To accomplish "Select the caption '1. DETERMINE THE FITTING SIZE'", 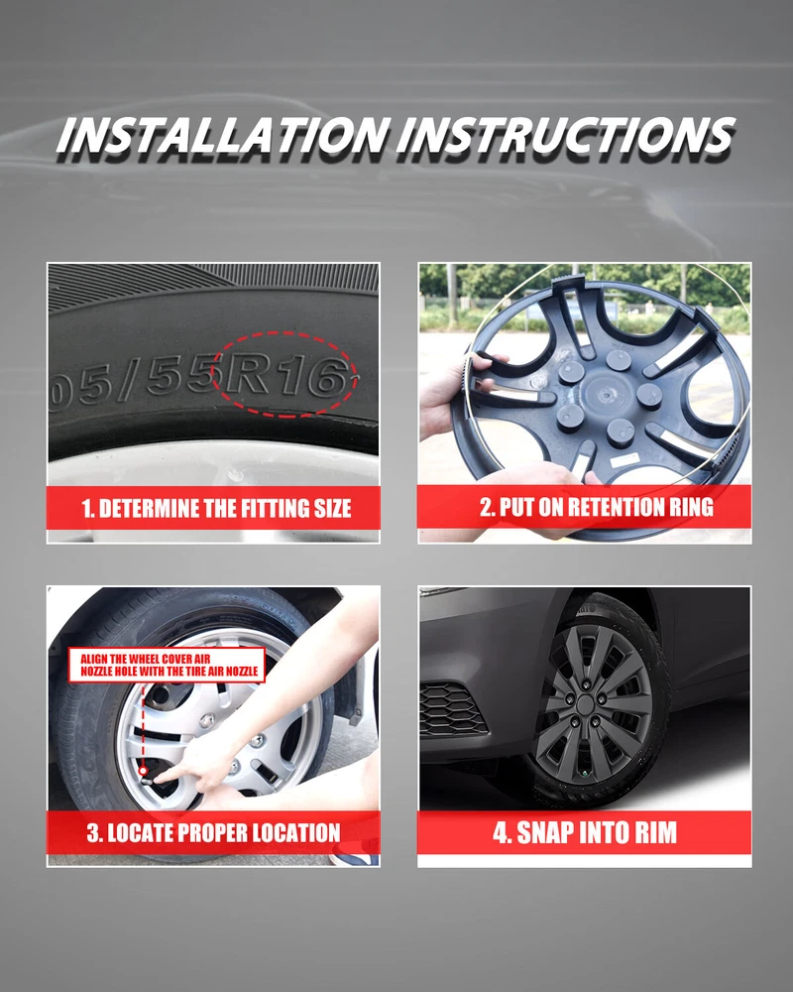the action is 216,508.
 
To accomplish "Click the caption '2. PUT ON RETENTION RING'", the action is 597,507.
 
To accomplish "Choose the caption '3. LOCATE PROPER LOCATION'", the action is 214,832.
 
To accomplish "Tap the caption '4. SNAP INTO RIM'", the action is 585,832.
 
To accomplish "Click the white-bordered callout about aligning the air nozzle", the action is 167,665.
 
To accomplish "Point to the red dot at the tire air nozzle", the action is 144,771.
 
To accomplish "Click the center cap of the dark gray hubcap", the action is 586,704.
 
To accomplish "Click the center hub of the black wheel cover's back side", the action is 604,395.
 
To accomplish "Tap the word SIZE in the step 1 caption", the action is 333,508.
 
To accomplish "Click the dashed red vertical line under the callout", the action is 144,724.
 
